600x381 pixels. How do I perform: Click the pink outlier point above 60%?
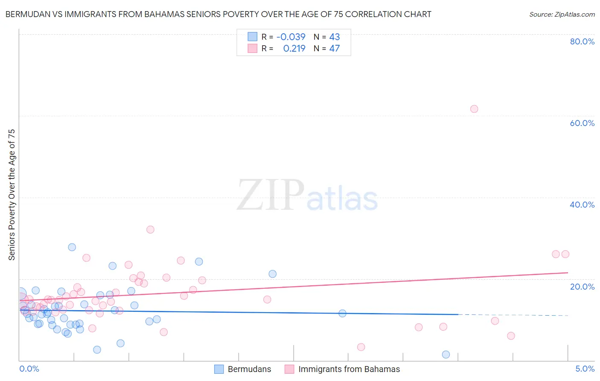click(474, 109)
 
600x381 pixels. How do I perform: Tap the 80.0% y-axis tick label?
click(582, 41)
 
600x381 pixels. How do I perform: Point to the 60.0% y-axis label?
click(582, 123)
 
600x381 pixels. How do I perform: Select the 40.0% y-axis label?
click(582, 205)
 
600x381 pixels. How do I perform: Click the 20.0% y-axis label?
click(582, 287)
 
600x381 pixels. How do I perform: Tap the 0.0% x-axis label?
click(29, 369)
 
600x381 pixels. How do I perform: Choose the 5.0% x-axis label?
click(585, 369)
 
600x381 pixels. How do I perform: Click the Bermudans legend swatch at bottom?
click(219, 369)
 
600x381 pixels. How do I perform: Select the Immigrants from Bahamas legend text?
click(349, 369)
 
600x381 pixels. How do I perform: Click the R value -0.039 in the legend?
click(291, 37)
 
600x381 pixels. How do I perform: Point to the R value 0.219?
click(294, 49)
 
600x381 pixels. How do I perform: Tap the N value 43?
click(335, 37)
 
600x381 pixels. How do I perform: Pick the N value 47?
click(335, 49)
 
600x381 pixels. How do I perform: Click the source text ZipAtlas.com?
click(562, 15)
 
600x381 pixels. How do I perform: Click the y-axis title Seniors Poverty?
click(12, 194)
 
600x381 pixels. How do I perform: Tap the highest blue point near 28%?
click(72, 247)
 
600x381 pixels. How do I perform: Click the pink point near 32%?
click(150, 229)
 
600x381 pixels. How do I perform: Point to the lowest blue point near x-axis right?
click(446, 355)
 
